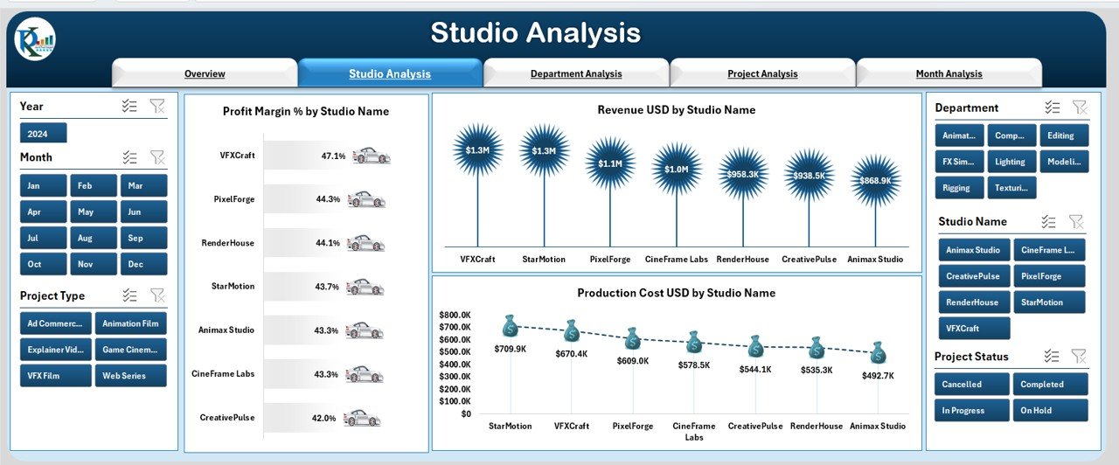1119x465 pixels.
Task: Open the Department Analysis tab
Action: (x=576, y=73)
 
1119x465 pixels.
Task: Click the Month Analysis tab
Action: (x=949, y=73)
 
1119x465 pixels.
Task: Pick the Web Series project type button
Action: (x=131, y=376)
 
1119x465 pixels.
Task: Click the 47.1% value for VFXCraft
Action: (x=333, y=156)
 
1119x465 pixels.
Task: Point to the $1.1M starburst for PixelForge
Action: (x=610, y=163)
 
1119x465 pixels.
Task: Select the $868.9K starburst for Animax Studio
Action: (x=875, y=180)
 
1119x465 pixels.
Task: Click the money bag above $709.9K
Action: (x=511, y=327)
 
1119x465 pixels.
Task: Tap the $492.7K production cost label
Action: (x=878, y=376)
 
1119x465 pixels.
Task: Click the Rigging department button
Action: (x=958, y=187)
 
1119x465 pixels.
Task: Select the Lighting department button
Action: (x=1011, y=162)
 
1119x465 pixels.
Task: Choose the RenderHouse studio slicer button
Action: (x=973, y=302)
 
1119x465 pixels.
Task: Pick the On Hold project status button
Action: (x=1050, y=411)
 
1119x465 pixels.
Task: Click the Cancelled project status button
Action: (x=971, y=385)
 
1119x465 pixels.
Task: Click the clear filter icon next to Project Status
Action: (x=1080, y=356)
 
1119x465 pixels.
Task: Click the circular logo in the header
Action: (x=35, y=40)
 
